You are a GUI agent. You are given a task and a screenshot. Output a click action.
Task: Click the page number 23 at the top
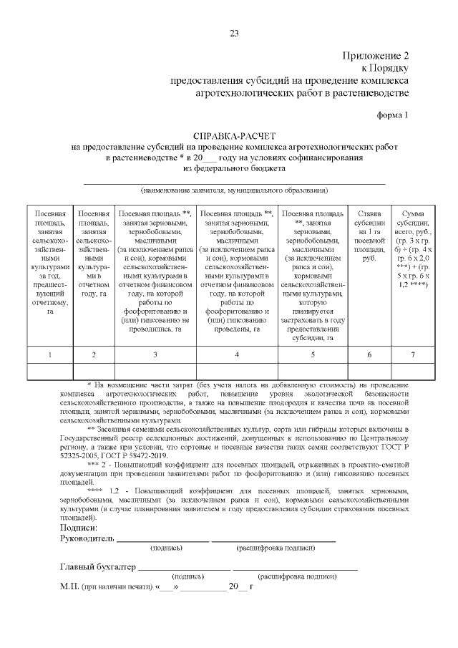pyautogui.click(x=233, y=34)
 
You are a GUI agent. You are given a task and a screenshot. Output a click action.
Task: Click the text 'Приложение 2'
pyautogui.click(x=374, y=57)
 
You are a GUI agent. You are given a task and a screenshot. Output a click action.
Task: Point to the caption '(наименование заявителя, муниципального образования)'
pyautogui.click(x=234, y=191)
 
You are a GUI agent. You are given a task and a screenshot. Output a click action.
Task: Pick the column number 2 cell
pyautogui.click(x=94, y=354)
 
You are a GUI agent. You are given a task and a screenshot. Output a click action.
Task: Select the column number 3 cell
pyautogui.click(x=155, y=354)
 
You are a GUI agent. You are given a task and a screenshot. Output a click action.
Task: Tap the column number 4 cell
pyautogui.click(x=237, y=354)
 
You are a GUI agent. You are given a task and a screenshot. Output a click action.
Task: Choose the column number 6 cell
pyautogui.click(x=369, y=354)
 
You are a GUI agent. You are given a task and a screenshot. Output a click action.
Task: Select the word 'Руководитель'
pyautogui.click(x=87, y=538)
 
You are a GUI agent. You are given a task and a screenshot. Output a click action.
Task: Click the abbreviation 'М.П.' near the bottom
pyautogui.click(x=70, y=586)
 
